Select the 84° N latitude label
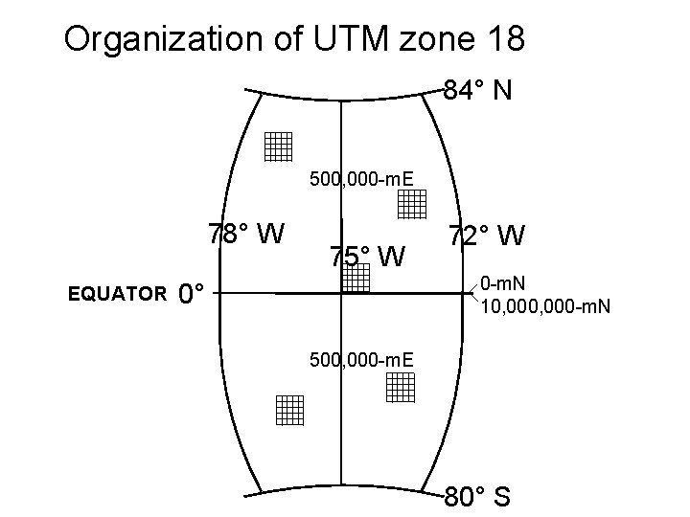[x=477, y=91]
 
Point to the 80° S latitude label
[x=477, y=498]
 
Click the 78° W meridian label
[x=246, y=233]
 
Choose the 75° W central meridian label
[x=368, y=257]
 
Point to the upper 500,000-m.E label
[x=361, y=178]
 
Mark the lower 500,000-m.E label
[x=361, y=359]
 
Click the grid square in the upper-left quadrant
[x=278, y=146]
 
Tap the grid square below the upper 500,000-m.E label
[x=412, y=204]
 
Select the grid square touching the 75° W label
[x=356, y=278]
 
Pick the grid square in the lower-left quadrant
[x=288, y=409]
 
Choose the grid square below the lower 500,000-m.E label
[x=401, y=387]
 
